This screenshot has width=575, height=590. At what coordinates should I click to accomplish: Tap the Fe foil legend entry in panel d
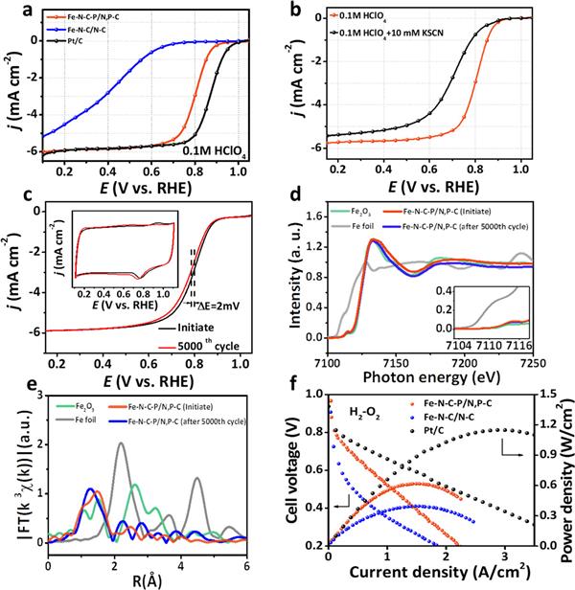tap(370, 226)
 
